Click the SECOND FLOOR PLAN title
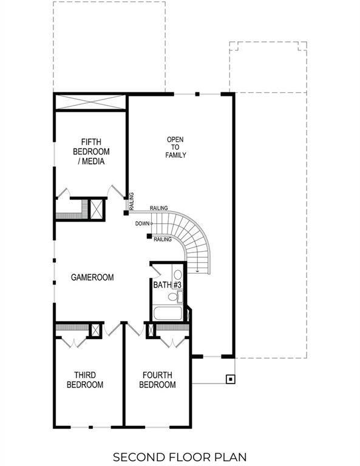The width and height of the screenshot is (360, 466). click(x=180, y=456)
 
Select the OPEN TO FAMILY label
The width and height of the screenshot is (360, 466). click(x=175, y=147)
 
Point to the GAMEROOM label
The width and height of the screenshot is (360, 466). click(x=92, y=277)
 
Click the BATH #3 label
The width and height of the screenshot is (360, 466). click(x=167, y=285)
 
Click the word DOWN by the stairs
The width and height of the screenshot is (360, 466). click(x=142, y=223)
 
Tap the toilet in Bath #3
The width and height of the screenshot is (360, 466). click(x=173, y=297)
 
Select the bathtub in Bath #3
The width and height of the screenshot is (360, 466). click(x=166, y=314)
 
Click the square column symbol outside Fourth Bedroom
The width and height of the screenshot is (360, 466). click(x=230, y=380)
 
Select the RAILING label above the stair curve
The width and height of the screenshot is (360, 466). click(x=159, y=208)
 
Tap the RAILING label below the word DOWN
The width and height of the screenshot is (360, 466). click(x=163, y=240)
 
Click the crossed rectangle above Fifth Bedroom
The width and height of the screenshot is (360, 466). click(x=90, y=102)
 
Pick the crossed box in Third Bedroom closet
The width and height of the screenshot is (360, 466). click(x=95, y=331)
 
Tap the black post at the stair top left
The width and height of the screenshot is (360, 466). click(x=126, y=212)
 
